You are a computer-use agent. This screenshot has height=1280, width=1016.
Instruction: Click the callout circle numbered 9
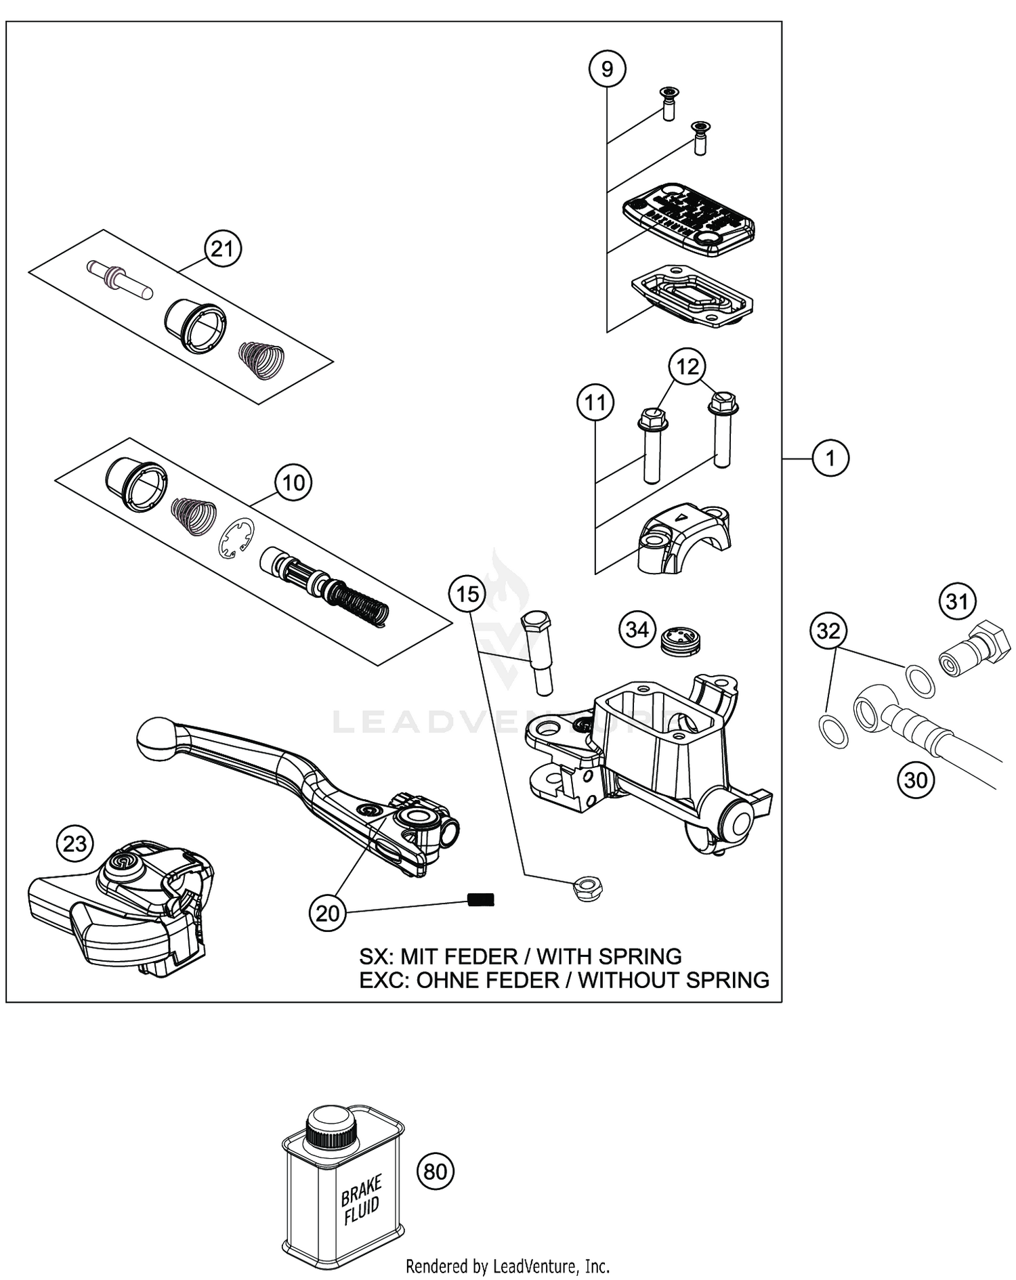607,69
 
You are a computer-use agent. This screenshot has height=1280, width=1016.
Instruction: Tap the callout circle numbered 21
222,250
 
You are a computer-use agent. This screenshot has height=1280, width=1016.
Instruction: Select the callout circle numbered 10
293,484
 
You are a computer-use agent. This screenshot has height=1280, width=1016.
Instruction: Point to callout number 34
637,630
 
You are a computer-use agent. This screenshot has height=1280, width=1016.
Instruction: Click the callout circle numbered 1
830,459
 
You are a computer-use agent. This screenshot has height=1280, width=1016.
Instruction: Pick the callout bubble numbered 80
436,1170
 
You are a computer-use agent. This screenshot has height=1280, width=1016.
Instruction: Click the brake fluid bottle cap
329,1126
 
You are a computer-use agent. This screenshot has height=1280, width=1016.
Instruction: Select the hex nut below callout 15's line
588,887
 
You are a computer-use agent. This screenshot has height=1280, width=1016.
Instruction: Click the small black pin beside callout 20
481,899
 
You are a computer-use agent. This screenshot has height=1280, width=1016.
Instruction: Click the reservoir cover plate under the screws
688,218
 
